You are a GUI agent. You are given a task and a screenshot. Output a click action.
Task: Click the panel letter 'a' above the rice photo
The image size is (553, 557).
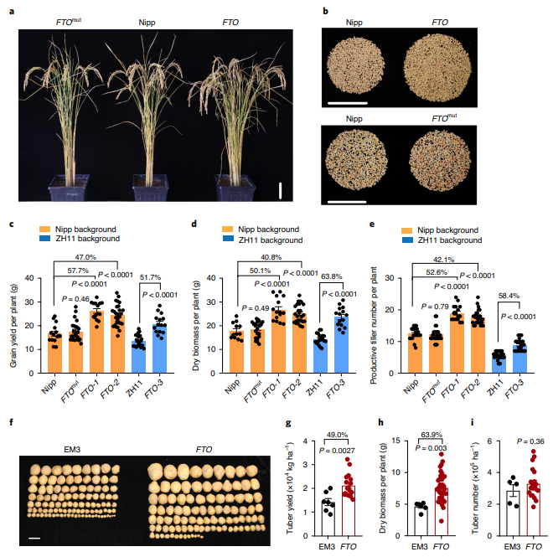point(12,10)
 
